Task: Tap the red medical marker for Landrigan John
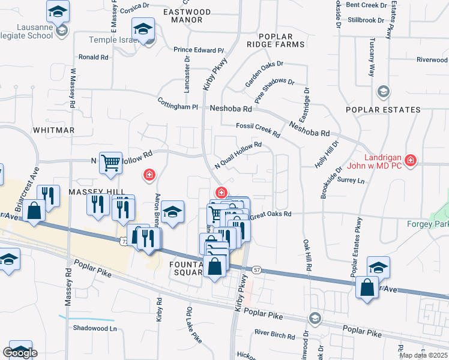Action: tap(410, 160)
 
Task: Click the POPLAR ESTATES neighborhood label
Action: tap(383, 110)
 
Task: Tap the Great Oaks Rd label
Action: tap(271, 214)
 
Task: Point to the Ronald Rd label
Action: tap(93, 58)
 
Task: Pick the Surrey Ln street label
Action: tap(351, 180)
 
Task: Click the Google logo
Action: tap(20, 353)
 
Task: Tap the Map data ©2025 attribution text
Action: tap(424, 355)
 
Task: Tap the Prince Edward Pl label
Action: tap(199, 50)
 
